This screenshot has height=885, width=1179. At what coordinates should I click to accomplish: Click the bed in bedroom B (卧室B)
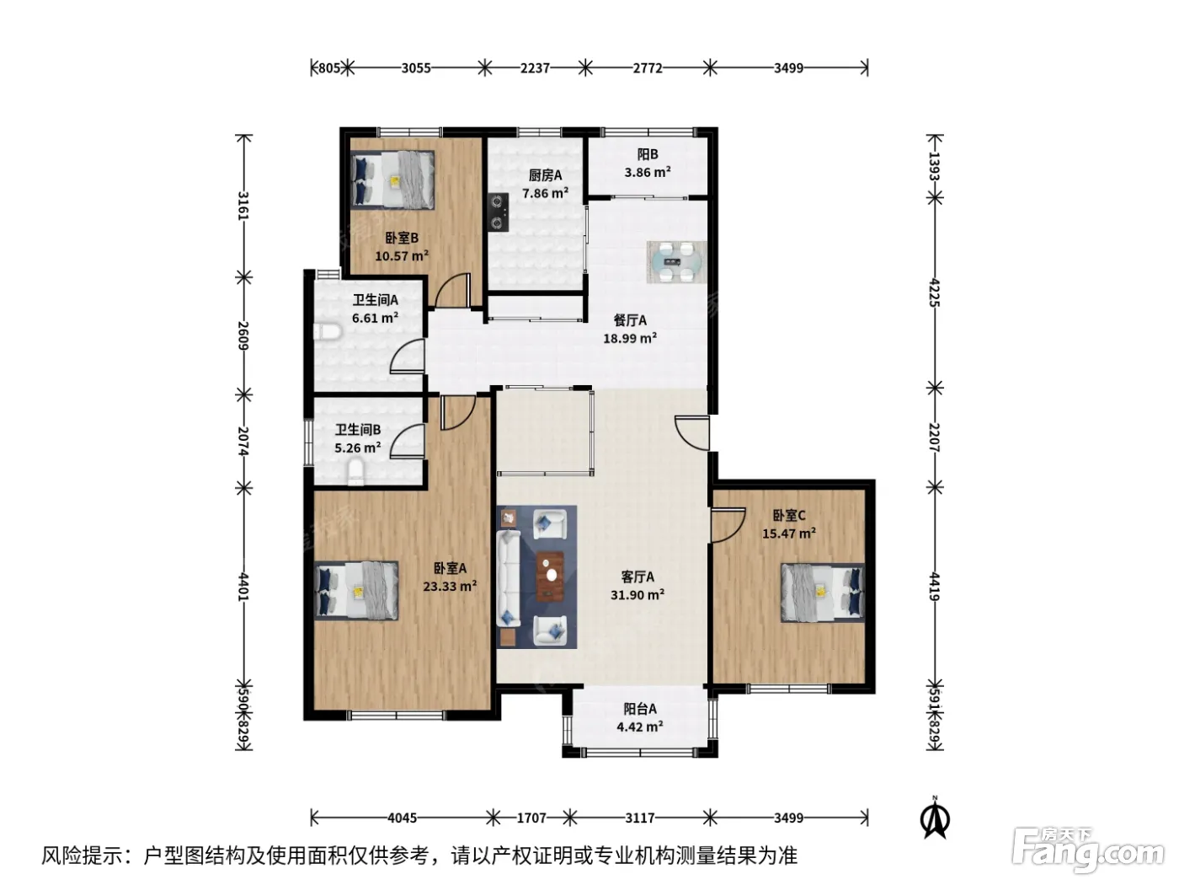pos(392,180)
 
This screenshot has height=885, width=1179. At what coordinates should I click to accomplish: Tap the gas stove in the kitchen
pos(499,212)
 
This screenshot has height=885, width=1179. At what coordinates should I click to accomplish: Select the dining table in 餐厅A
pos(676,262)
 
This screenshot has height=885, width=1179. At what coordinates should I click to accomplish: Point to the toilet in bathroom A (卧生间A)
pos(327,331)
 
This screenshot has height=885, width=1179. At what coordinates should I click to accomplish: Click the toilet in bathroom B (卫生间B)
pos(355,471)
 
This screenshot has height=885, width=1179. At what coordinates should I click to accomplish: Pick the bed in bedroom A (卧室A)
pos(356,591)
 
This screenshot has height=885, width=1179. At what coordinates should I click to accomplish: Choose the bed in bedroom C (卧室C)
pos(822,593)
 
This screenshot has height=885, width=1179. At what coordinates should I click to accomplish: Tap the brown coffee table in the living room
pos(550,576)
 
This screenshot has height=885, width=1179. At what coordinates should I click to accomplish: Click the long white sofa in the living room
pos(508,578)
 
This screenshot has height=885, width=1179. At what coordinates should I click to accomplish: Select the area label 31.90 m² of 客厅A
pos(637,595)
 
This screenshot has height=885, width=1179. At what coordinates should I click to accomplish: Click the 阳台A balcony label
pos(640,709)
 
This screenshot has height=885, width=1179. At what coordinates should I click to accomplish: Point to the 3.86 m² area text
pos(648,173)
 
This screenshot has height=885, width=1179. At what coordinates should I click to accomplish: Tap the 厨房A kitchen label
pos(545,175)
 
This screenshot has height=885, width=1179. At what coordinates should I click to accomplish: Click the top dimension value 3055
pos(416,68)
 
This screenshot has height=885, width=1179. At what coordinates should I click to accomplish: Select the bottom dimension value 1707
pos(531,818)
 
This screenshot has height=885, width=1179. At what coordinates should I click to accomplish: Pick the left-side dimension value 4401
pos(243,587)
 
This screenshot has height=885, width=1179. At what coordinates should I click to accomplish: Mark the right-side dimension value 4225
pos(934,292)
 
